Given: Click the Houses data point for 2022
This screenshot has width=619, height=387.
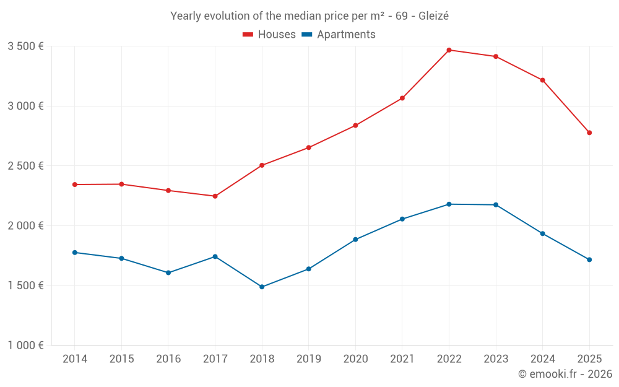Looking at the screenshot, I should coord(449,50).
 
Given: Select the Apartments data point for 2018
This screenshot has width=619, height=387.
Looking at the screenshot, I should coord(262,287).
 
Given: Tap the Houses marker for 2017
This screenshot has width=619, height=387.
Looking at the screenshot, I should coord(215,196).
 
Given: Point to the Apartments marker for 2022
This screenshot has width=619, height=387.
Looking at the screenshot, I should coord(449,204).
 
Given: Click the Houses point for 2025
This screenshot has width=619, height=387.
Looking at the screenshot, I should coord(589,133).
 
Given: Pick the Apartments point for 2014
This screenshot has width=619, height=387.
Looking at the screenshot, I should coord(74,253).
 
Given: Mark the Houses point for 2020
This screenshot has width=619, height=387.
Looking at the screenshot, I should coord(355,126).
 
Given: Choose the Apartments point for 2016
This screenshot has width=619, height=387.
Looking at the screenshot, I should coord(168,272).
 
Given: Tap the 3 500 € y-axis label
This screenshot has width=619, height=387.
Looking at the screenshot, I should coord(25,46).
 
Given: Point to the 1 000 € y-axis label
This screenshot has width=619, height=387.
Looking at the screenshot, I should coord(25,346).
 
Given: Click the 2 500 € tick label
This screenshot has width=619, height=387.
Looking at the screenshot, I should coord(25,166).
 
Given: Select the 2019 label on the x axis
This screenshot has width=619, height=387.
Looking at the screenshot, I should coord(308,359).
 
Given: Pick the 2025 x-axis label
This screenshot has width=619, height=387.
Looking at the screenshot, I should coord(589,359).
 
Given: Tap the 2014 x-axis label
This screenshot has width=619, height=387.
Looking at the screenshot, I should coord(74,359).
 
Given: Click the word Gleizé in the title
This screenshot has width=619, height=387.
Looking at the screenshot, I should coord(433,16).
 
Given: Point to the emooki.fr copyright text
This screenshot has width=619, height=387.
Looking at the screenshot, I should coord(565,374).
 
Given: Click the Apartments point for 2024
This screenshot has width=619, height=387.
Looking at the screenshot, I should coord(542,233).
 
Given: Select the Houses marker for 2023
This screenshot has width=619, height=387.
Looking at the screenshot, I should coord(496,56).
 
